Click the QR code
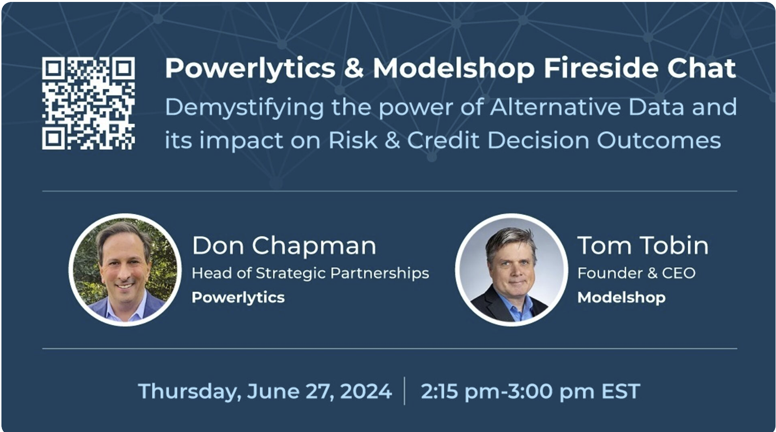point(88,103)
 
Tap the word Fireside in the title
point(601,68)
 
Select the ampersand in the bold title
point(354,68)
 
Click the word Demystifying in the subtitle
point(244,108)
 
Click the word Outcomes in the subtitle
point(658,140)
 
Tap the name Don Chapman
point(284,245)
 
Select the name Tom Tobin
point(643,245)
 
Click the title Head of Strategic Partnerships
point(310,273)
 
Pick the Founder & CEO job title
point(636,273)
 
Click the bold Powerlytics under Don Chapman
point(238,298)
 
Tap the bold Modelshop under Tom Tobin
point(621,298)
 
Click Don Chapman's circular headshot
point(125,270)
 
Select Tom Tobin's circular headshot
point(511,270)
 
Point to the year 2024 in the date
point(366,391)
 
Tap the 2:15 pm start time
point(460,392)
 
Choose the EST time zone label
point(621,391)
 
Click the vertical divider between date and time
point(404,391)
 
